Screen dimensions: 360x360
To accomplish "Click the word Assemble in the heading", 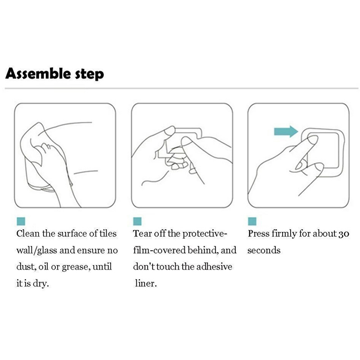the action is point(38,74).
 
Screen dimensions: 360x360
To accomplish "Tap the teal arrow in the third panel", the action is point(286,131).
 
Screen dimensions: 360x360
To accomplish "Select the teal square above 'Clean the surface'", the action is point(21,221).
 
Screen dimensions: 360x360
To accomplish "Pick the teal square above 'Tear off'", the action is point(137,221).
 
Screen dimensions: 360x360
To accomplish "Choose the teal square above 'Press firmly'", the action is point(252,221).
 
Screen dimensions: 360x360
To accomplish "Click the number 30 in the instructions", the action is point(344,234).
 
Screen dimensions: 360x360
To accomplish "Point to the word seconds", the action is point(264,251).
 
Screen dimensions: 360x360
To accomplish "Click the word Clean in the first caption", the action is point(28,234).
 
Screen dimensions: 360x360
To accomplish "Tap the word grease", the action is point(76,267).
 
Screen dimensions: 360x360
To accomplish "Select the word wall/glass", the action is point(37,251).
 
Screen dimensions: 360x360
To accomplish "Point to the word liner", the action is point(146,283).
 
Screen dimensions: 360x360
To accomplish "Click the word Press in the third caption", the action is point(258,234).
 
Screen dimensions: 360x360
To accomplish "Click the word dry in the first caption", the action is point(41,284).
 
